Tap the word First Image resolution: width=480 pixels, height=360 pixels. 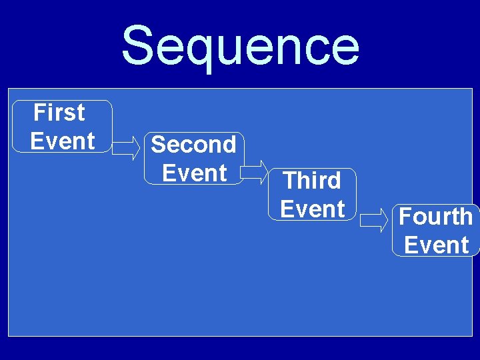click(59, 113)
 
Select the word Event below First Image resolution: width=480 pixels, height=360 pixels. click(63, 141)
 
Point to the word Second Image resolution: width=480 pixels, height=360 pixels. click(193, 144)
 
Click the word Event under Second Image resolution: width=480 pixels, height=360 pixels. click(194, 173)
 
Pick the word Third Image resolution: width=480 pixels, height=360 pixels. click(312, 180)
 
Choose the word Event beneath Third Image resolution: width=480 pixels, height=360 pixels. click(313, 209)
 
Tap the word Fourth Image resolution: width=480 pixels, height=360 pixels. click(435, 217)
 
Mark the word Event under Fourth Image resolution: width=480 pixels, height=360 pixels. click(437, 245)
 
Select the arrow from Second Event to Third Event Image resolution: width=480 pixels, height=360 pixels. click(253, 172)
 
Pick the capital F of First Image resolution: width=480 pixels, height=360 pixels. click(39, 113)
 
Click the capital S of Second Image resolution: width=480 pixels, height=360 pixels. click(159, 144)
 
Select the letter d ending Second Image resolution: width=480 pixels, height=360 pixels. click(228, 144)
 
